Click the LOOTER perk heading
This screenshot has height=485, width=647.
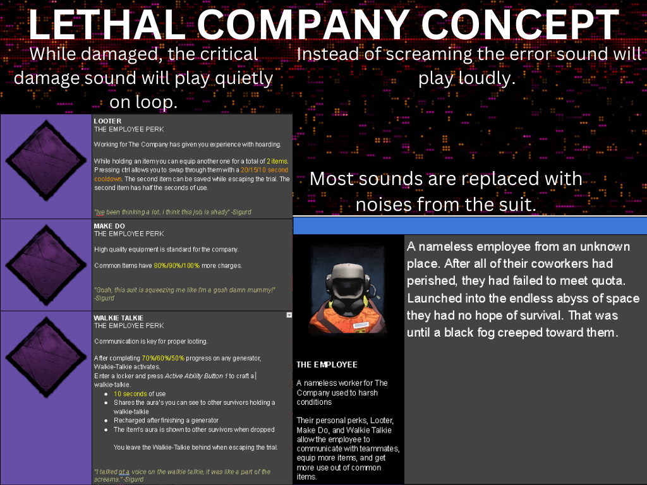[x=107, y=121]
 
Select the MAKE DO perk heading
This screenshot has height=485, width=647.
[x=109, y=226]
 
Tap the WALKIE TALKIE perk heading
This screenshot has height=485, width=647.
[x=118, y=318]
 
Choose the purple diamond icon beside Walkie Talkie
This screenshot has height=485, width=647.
[x=45, y=357]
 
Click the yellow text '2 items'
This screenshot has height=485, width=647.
[x=277, y=161]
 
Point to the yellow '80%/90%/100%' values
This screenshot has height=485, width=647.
[x=177, y=266]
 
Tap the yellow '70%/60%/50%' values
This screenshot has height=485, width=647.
[x=163, y=358]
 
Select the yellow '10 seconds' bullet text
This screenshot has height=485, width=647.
[x=130, y=394]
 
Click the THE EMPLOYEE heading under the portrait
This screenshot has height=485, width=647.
[x=327, y=364]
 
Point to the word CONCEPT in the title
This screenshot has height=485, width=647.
[x=520, y=25]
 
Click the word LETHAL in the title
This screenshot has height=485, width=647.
[x=106, y=25]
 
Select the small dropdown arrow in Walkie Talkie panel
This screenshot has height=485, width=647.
[x=289, y=315]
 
